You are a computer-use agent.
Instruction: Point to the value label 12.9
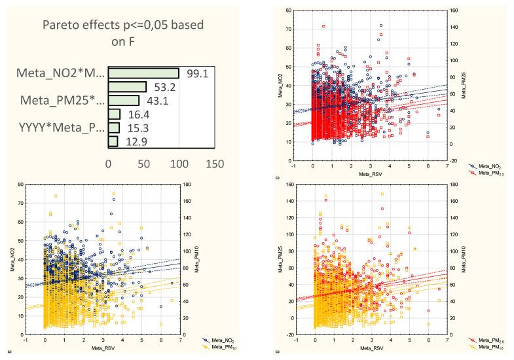[131, 141]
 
